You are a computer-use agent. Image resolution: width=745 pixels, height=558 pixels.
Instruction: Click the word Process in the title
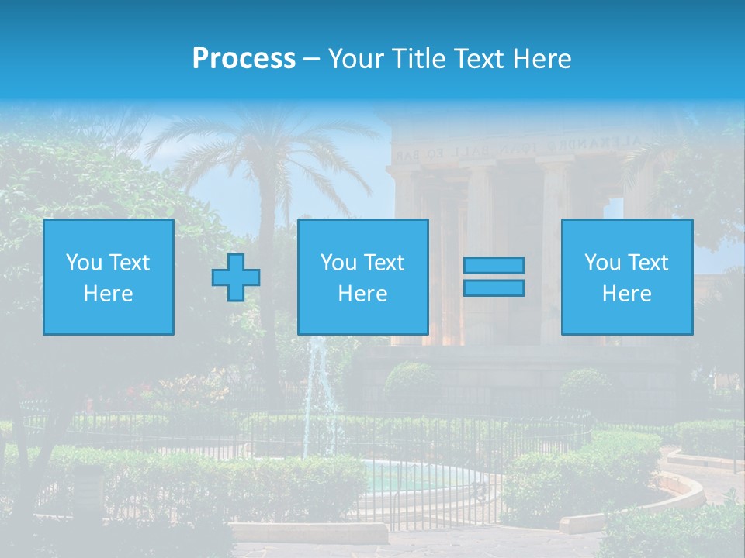tap(244, 59)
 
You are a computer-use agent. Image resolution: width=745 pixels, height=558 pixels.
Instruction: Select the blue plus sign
tap(236, 277)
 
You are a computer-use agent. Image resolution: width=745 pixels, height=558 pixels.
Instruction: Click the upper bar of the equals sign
tap(494, 266)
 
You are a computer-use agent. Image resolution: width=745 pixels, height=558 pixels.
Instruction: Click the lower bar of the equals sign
tap(494, 288)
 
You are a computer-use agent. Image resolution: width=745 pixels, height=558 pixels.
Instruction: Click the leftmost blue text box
tap(109, 277)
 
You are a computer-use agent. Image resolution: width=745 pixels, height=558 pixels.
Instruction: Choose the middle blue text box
tap(362, 277)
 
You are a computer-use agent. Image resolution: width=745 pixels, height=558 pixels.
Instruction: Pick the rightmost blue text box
tap(626, 277)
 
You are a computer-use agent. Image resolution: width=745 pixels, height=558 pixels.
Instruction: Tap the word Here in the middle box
tap(362, 294)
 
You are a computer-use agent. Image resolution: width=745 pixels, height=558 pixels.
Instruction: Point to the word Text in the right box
tap(649, 263)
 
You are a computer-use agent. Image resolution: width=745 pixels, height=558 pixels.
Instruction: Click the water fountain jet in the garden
tap(317, 387)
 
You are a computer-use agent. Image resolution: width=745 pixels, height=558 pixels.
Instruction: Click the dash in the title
tap(312, 59)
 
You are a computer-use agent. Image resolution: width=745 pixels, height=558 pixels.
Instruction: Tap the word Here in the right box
tap(626, 294)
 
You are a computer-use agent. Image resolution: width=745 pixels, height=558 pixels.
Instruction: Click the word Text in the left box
tap(130, 263)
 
